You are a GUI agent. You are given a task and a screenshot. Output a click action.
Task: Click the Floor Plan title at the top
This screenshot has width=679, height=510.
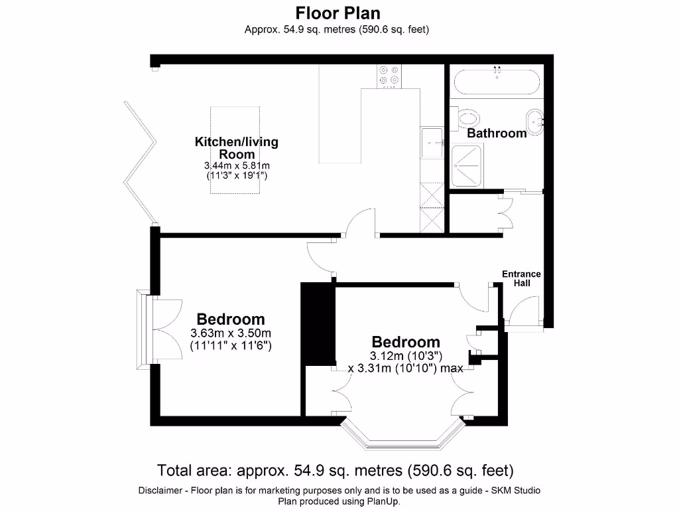(x=338, y=13)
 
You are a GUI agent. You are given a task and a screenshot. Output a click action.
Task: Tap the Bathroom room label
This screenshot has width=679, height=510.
(x=497, y=133)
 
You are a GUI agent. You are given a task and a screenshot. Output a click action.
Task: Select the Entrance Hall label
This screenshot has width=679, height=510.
(x=521, y=278)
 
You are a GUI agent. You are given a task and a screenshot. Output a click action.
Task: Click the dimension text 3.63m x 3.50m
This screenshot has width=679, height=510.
(x=231, y=333)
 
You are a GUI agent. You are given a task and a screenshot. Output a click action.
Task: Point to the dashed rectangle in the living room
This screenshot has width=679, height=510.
(x=236, y=150)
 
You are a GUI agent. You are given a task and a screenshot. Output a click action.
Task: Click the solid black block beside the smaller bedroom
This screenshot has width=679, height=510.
(x=318, y=324)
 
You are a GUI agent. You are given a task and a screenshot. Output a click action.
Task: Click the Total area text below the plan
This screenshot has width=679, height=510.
(x=335, y=471)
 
